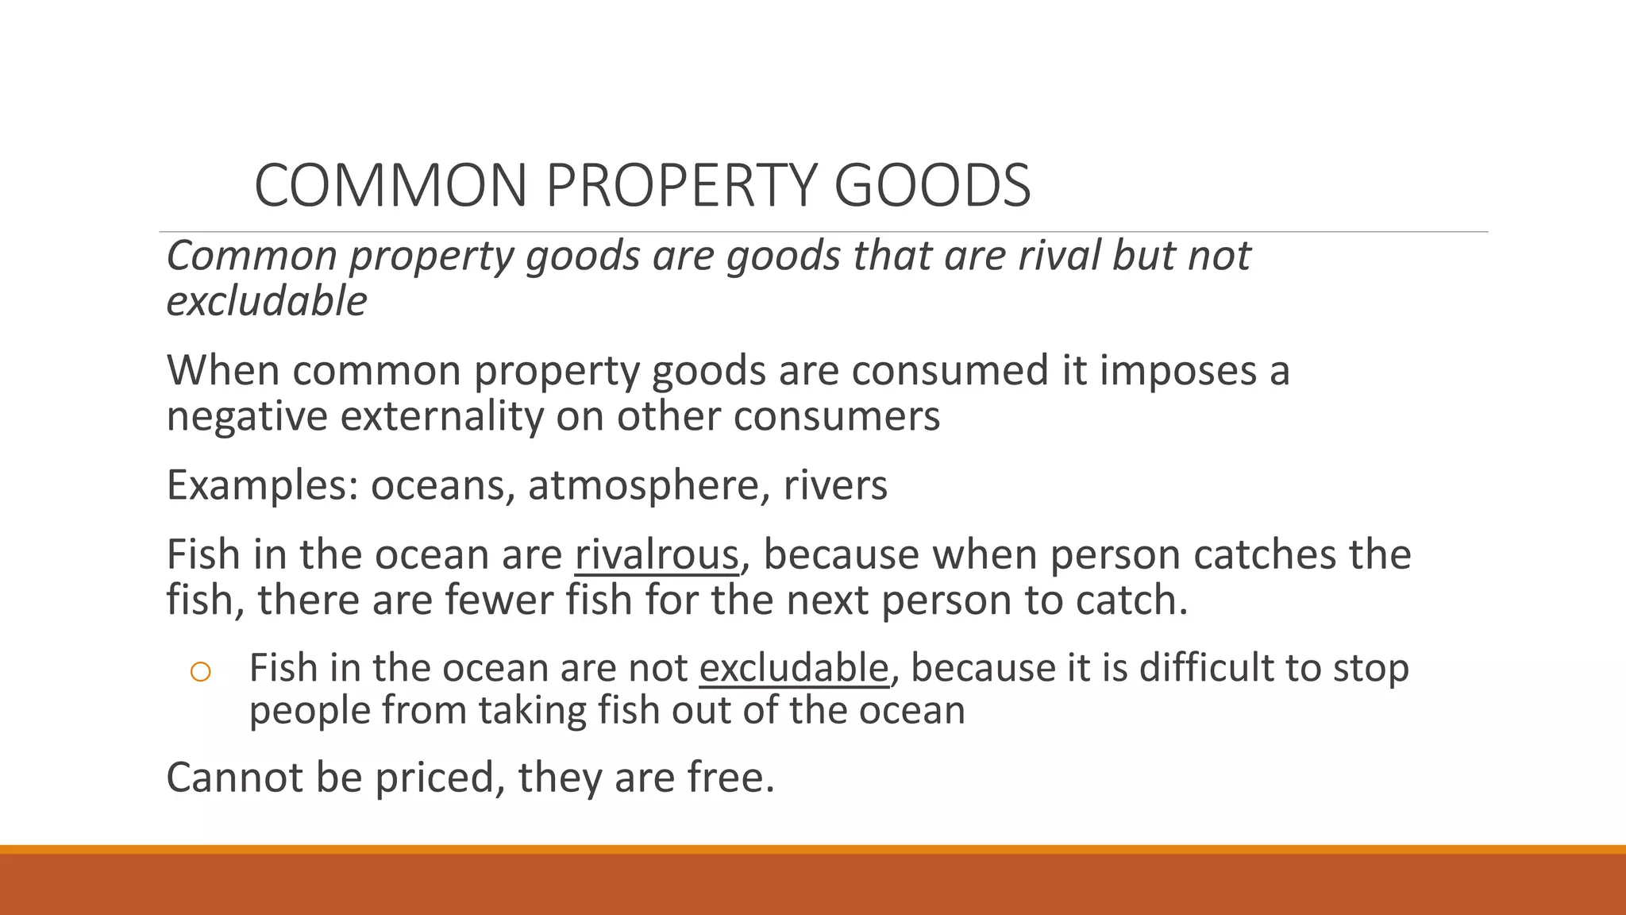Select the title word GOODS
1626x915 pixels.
[932, 186]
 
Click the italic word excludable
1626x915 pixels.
[267, 302]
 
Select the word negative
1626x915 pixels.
[247, 416]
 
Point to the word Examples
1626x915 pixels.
[262, 485]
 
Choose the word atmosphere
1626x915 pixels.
[642, 485]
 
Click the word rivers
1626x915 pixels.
[835, 485]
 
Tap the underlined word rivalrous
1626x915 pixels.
[657, 554]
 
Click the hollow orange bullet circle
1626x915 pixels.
[201, 673]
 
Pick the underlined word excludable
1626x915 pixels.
[793, 668]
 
